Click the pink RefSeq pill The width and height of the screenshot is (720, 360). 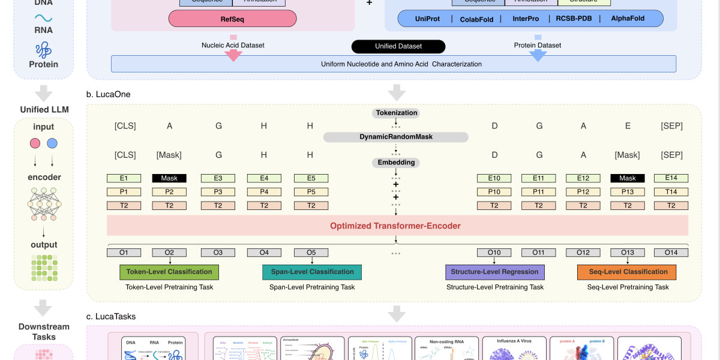pyautogui.click(x=232, y=19)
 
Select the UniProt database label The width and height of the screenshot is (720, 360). pyautogui.click(x=427, y=19)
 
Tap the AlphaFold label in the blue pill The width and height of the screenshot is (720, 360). pyautogui.click(x=628, y=19)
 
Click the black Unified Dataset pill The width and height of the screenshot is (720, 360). pyautogui.click(x=398, y=46)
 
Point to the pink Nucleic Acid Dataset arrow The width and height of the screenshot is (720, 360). pyautogui.click(x=233, y=53)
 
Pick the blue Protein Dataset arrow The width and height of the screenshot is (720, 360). pyautogui.click(x=538, y=53)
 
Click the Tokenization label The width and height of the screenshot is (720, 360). pyautogui.click(x=395, y=113)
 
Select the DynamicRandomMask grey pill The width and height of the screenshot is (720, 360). pyautogui.click(x=395, y=137)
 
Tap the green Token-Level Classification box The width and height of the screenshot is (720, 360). pyautogui.click(x=169, y=272)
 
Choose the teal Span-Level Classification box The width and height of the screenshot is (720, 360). pyautogui.click(x=312, y=272)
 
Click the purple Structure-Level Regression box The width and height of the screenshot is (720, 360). pyautogui.click(x=495, y=272)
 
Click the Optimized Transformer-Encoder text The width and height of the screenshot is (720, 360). pyautogui.click(x=395, y=226)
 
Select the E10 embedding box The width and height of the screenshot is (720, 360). pyautogui.click(x=494, y=178)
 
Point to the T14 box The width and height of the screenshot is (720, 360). pyautogui.click(x=671, y=192)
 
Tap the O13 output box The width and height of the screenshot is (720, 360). pyautogui.click(x=627, y=253)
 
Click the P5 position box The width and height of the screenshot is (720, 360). pyautogui.click(x=311, y=192)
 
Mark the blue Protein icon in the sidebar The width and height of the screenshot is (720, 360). pyautogui.click(x=43, y=50)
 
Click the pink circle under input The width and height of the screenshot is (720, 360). pyautogui.click(x=35, y=143)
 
